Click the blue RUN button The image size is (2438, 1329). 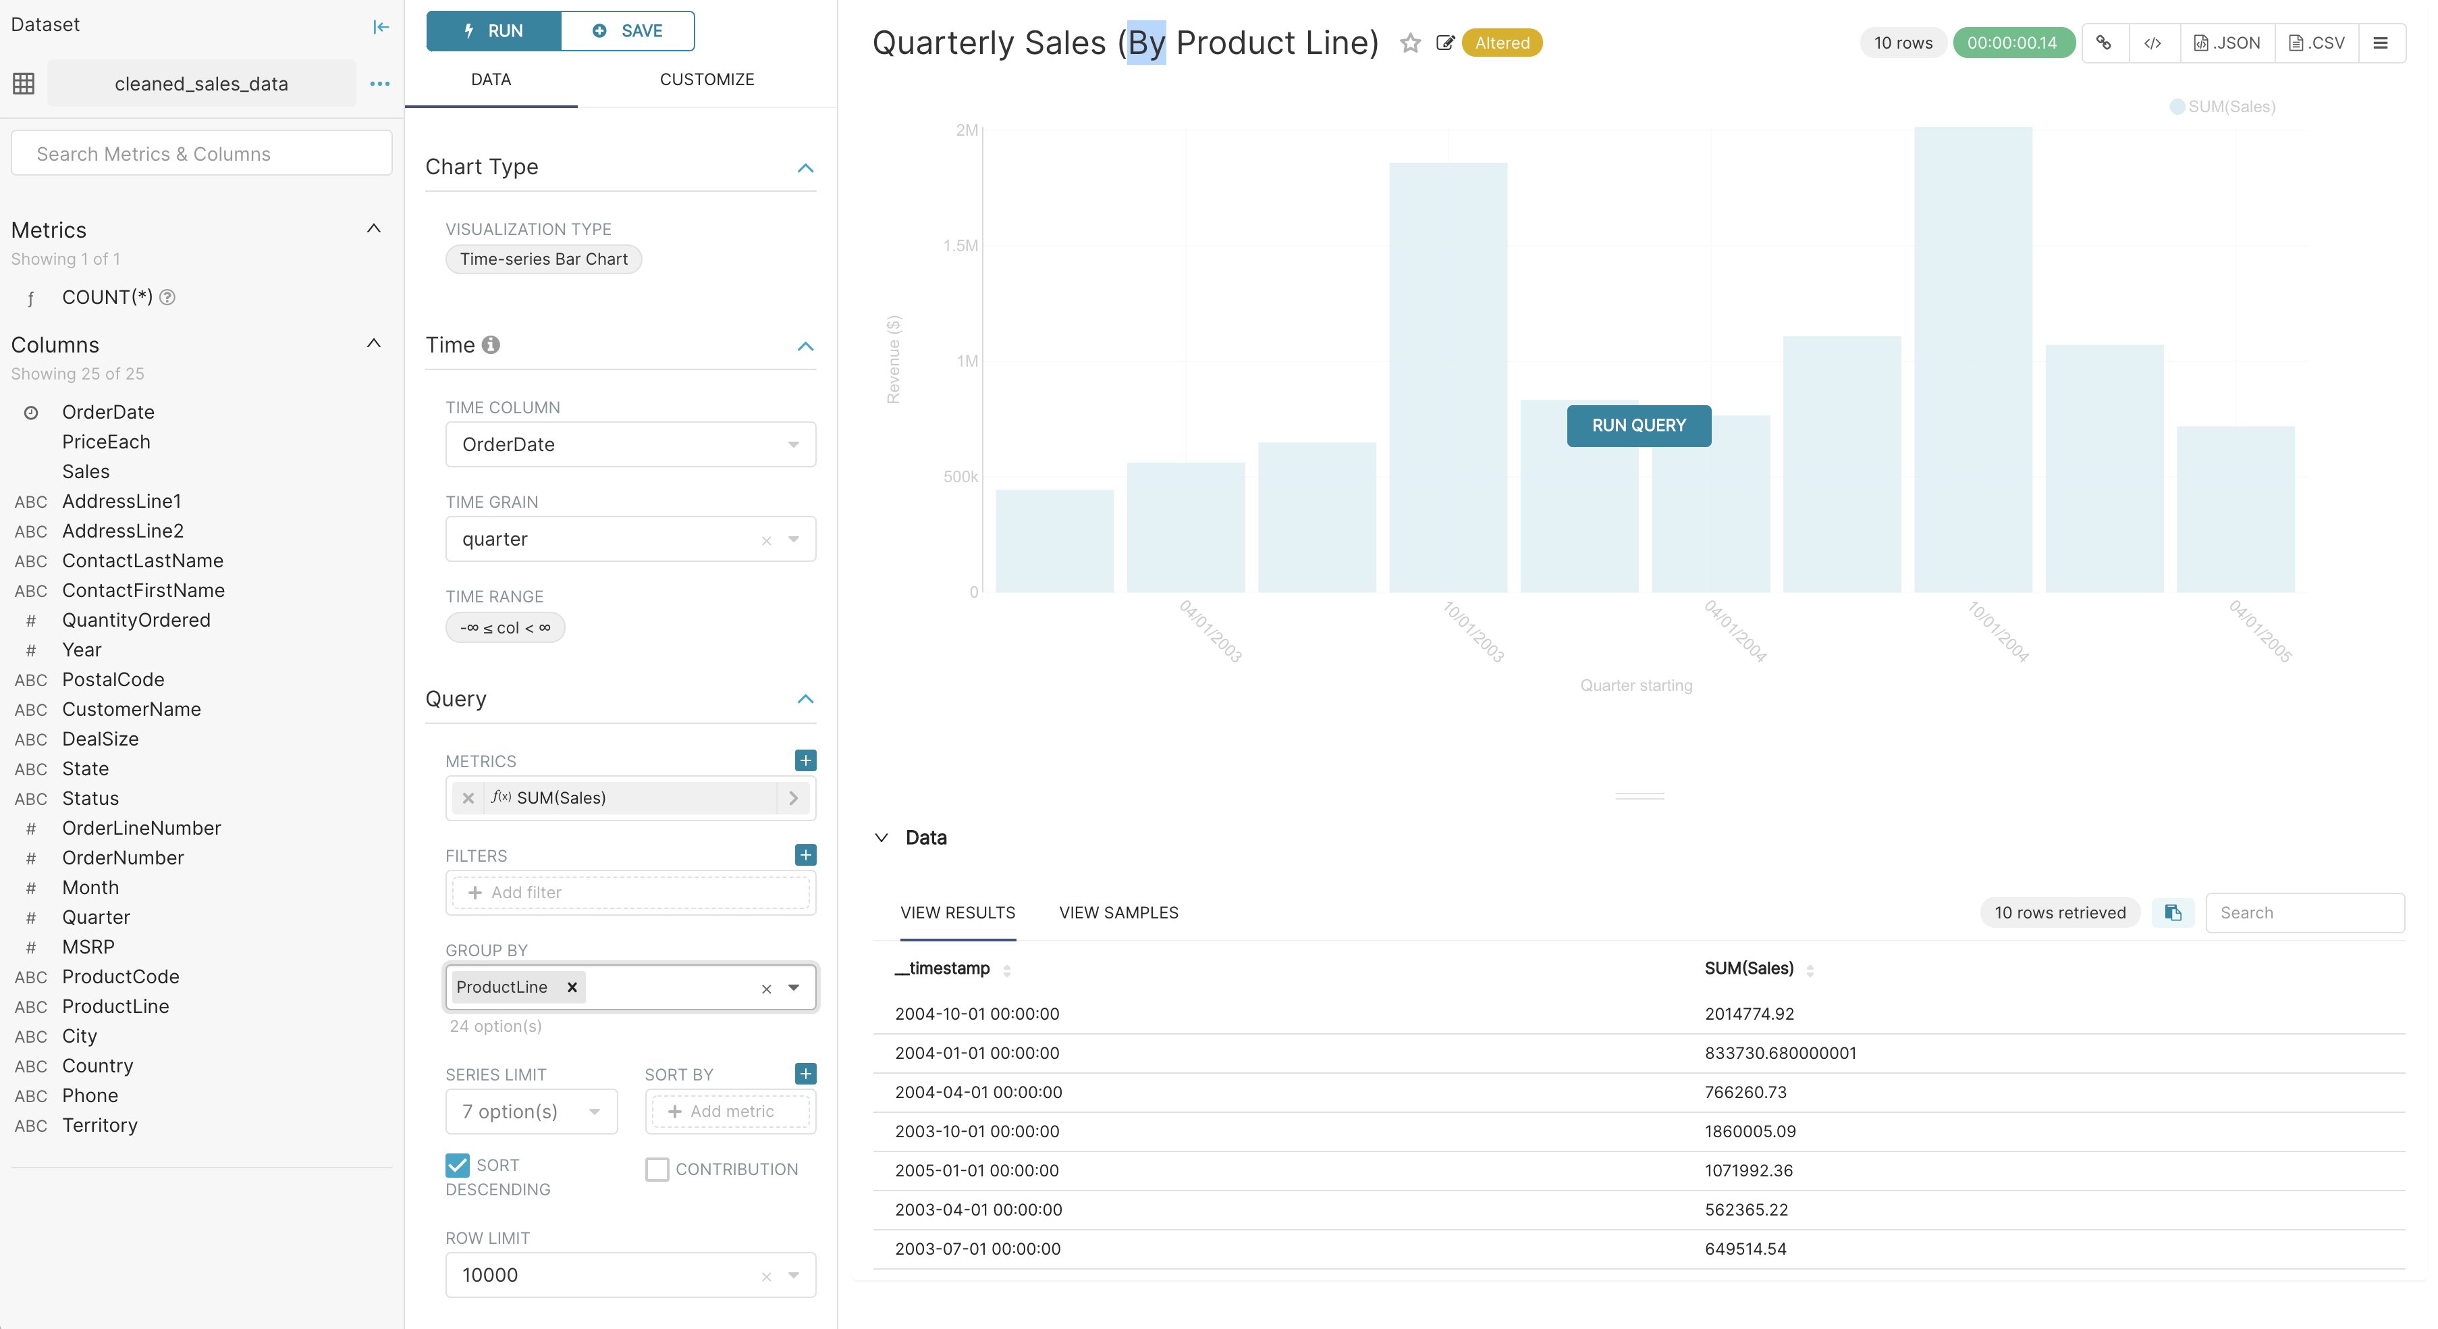coord(493,30)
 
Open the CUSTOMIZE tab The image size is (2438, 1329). coord(706,80)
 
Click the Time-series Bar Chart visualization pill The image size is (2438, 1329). coord(543,259)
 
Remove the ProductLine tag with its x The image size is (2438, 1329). coord(572,987)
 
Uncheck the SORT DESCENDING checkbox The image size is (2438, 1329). coord(457,1166)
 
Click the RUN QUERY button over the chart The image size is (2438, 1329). coord(1638,426)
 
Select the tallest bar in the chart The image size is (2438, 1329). coord(1972,360)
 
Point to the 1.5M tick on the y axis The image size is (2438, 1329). coord(960,246)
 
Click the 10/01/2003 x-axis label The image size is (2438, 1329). coord(1473,631)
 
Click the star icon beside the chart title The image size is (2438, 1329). coord(1410,43)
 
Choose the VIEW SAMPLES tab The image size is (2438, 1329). coord(1118,912)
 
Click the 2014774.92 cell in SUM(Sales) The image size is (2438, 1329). coord(1749,1014)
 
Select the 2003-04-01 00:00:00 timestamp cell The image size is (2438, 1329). coord(977,1209)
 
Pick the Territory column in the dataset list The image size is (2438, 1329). coord(99,1126)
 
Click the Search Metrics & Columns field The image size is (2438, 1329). coord(202,153)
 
